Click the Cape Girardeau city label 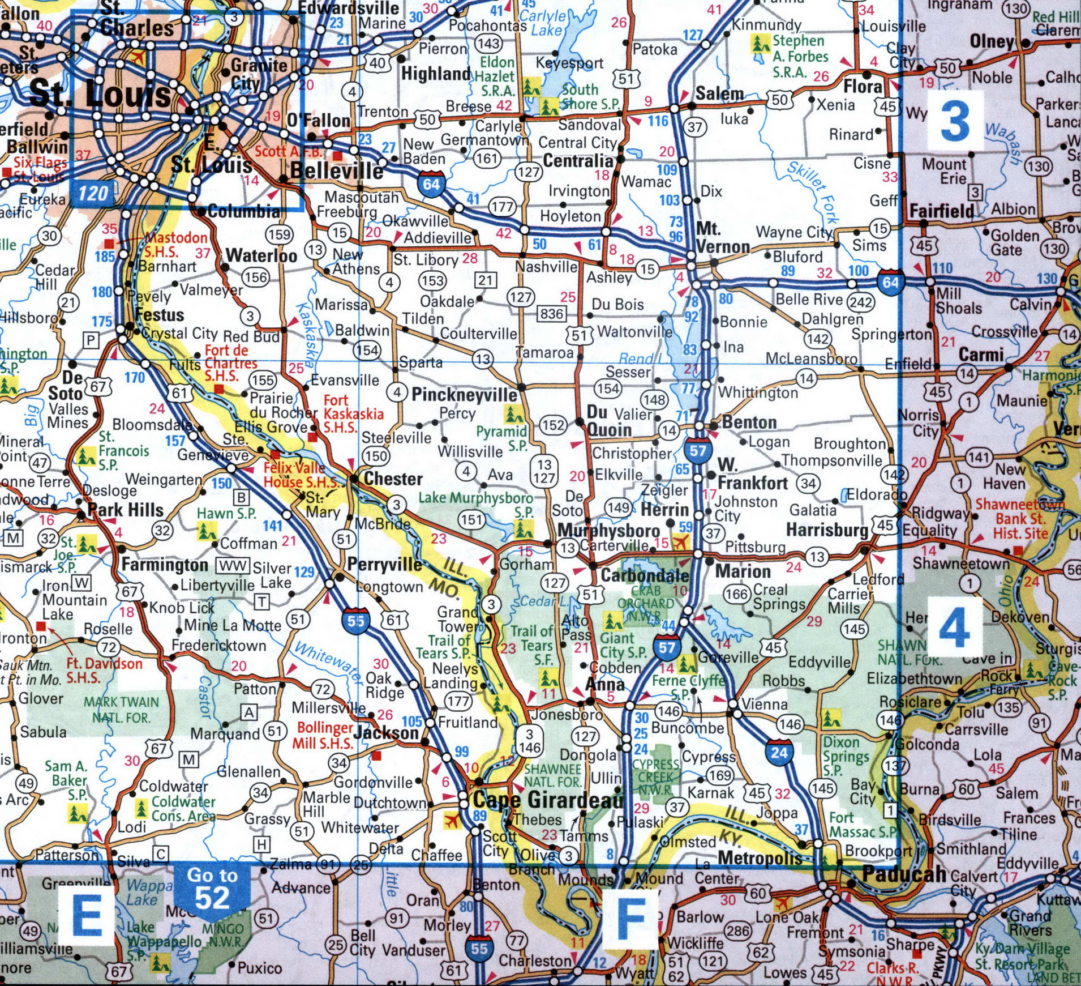pos(547,800)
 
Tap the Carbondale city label pos(645,575)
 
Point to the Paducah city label pos(904,874)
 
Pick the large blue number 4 pos(954,629)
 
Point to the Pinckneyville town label pos(464,395)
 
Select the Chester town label pos(393,479)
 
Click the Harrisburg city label pos(827,530)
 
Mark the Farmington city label pos(165,565)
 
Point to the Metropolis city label pos(760,858)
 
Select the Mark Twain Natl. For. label pos(121,710)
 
